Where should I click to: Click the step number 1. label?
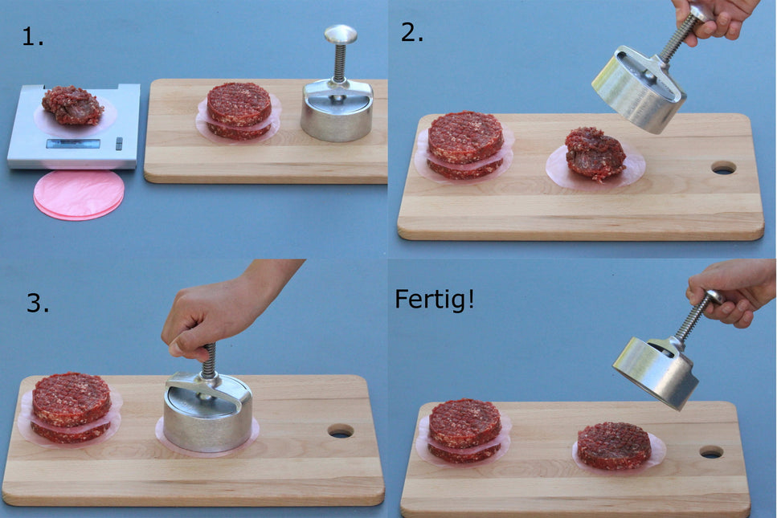pos(33,37)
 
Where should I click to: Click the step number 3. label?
pos(38,303)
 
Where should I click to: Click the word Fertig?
pos(434,300)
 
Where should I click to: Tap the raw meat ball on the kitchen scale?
pos(72,105)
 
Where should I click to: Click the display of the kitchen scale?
pos(73,144)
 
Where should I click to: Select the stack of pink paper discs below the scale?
pos(79,194)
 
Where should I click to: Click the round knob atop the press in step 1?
pos(341,34)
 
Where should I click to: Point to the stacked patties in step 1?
pos(239,111)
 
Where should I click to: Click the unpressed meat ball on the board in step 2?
pos(595,153)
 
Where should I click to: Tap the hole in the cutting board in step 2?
pos(723,168)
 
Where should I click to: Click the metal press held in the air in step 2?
pos(640,88)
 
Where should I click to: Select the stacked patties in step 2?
pos(465,145)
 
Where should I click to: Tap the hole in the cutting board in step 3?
pos(340,430)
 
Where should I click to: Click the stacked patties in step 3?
pos(71,407)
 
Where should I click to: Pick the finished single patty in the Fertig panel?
pos(615,445)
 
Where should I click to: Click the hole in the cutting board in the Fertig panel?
pos(711,452)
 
